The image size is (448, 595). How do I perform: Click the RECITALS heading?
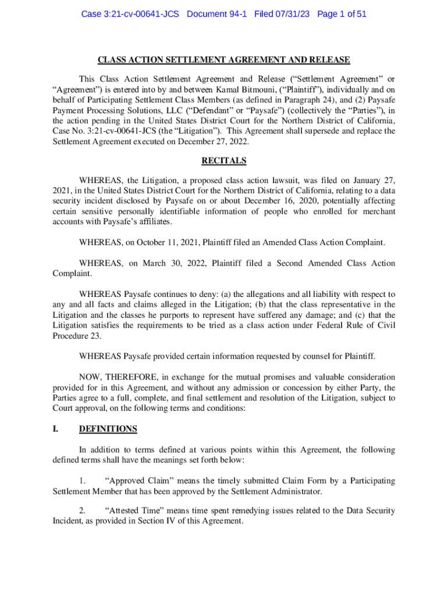click(223, 161)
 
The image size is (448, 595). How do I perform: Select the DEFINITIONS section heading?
click(108, 429)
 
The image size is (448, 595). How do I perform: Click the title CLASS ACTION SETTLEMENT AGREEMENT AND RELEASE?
click(223, 60)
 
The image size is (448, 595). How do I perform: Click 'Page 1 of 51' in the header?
click(342, 13)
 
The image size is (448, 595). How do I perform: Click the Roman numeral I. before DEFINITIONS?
click(56, 429)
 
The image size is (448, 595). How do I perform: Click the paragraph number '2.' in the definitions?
click(83, 511)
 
